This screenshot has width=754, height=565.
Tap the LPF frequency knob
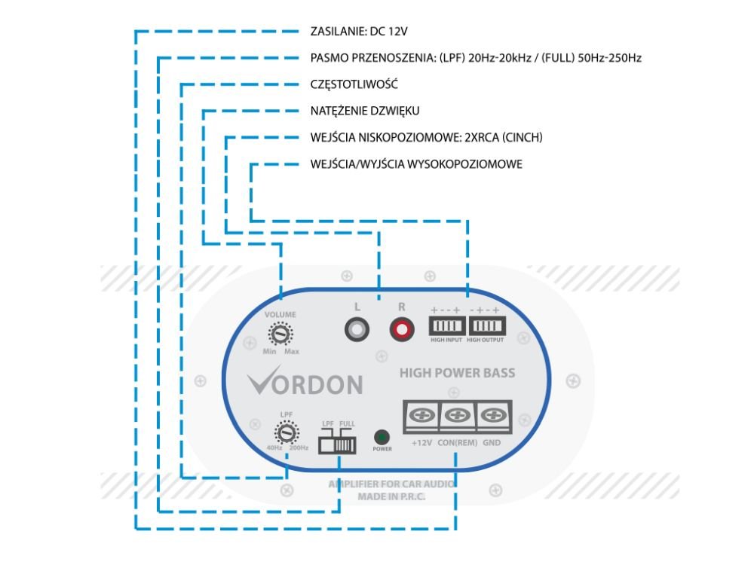[x=286, y=432]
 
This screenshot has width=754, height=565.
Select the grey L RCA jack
[x=357, y=328]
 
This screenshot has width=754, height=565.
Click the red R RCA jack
[x=401, y=328]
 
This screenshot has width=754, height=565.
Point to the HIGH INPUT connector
[x=448, y=326]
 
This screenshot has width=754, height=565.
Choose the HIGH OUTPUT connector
[x=486, y=326]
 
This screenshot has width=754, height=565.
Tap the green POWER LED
[x=382, y=437]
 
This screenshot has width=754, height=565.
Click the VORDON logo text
[x=305, y=384]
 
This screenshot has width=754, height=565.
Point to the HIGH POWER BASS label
[x=458, y=373]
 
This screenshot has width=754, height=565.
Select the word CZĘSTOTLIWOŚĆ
[x=354, y=84]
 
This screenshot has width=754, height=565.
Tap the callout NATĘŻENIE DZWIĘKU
[x=365, y=111]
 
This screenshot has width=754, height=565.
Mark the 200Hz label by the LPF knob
[x=299, y=448]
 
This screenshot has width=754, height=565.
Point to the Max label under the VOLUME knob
[x=292, y=352]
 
